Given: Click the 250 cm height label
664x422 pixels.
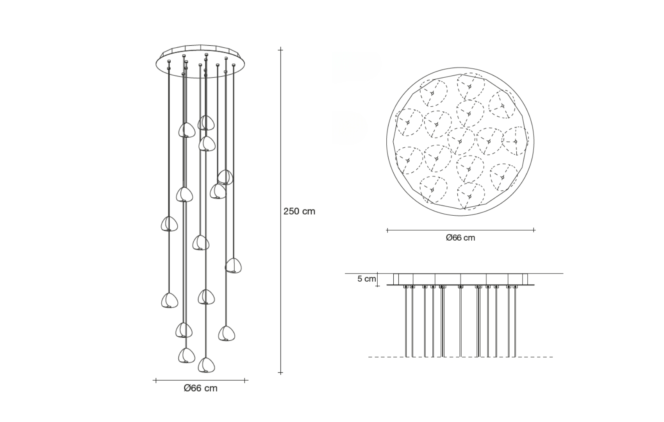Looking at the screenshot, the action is click(299, 211).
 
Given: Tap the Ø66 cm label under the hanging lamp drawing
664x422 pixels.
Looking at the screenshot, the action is click(200, 388).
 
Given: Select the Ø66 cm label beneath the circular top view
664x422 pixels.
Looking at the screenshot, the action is click(461, 238).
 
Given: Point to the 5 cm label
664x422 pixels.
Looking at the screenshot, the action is click(366, 279).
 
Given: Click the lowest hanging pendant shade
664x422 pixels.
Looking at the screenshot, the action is click(206, 365).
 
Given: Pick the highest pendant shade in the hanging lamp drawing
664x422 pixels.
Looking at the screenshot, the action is click(206, 122).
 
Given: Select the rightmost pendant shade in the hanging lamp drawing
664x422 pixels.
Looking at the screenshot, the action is click(233, 265).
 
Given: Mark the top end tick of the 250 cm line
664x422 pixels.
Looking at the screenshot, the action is click(280, 50).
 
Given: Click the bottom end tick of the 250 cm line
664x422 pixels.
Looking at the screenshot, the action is click(280, 372).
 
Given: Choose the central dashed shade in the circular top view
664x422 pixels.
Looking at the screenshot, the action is click(461, 141).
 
